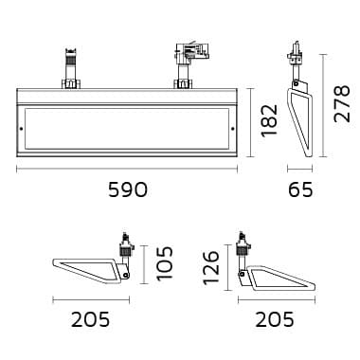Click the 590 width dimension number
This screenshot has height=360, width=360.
[x=127, y=189]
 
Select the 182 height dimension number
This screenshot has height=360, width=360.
[x=268, y=120]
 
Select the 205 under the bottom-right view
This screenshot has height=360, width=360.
[x=275, y=320]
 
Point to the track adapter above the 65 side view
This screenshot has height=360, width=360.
[x=297, y=63]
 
